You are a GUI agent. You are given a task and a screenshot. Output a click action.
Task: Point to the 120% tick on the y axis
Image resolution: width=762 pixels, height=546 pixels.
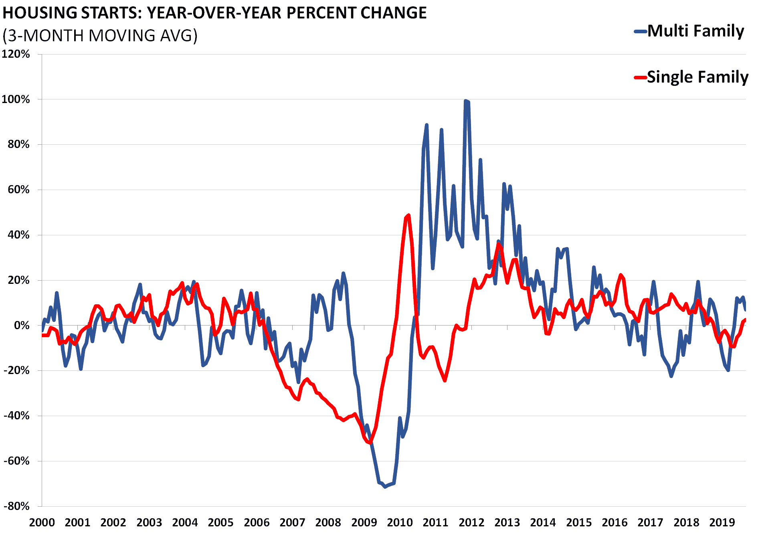[x=16, y=54]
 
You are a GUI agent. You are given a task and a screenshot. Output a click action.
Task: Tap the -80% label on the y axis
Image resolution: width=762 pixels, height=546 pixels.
[x=16, y=506]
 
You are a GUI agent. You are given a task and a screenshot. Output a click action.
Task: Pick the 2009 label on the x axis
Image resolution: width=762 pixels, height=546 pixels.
[x=364, y=523]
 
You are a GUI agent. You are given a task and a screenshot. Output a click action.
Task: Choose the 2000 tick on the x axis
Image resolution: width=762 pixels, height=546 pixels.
[x=42, y=523]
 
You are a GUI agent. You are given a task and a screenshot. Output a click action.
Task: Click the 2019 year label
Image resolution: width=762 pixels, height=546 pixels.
[x=722, y=523]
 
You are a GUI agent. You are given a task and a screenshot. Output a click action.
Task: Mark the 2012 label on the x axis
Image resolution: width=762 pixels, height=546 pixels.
[x=471, y=523]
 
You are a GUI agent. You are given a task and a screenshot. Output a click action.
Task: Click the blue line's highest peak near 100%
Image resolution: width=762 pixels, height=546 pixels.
[x=465, y=101]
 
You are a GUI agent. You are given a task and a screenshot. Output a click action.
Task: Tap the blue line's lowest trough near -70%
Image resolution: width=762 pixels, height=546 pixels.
[x=385, y=487]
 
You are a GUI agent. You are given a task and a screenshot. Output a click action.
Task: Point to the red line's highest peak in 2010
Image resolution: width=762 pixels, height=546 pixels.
[x=408, y=215]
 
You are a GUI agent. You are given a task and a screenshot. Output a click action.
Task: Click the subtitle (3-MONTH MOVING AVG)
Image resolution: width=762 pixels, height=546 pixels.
[x=100, y=36]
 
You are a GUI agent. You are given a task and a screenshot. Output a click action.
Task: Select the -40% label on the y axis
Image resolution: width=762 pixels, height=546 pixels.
[x=16, y=416]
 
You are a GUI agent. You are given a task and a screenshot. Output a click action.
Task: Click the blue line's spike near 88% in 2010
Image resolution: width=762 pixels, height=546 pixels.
[x=426, y=125]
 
